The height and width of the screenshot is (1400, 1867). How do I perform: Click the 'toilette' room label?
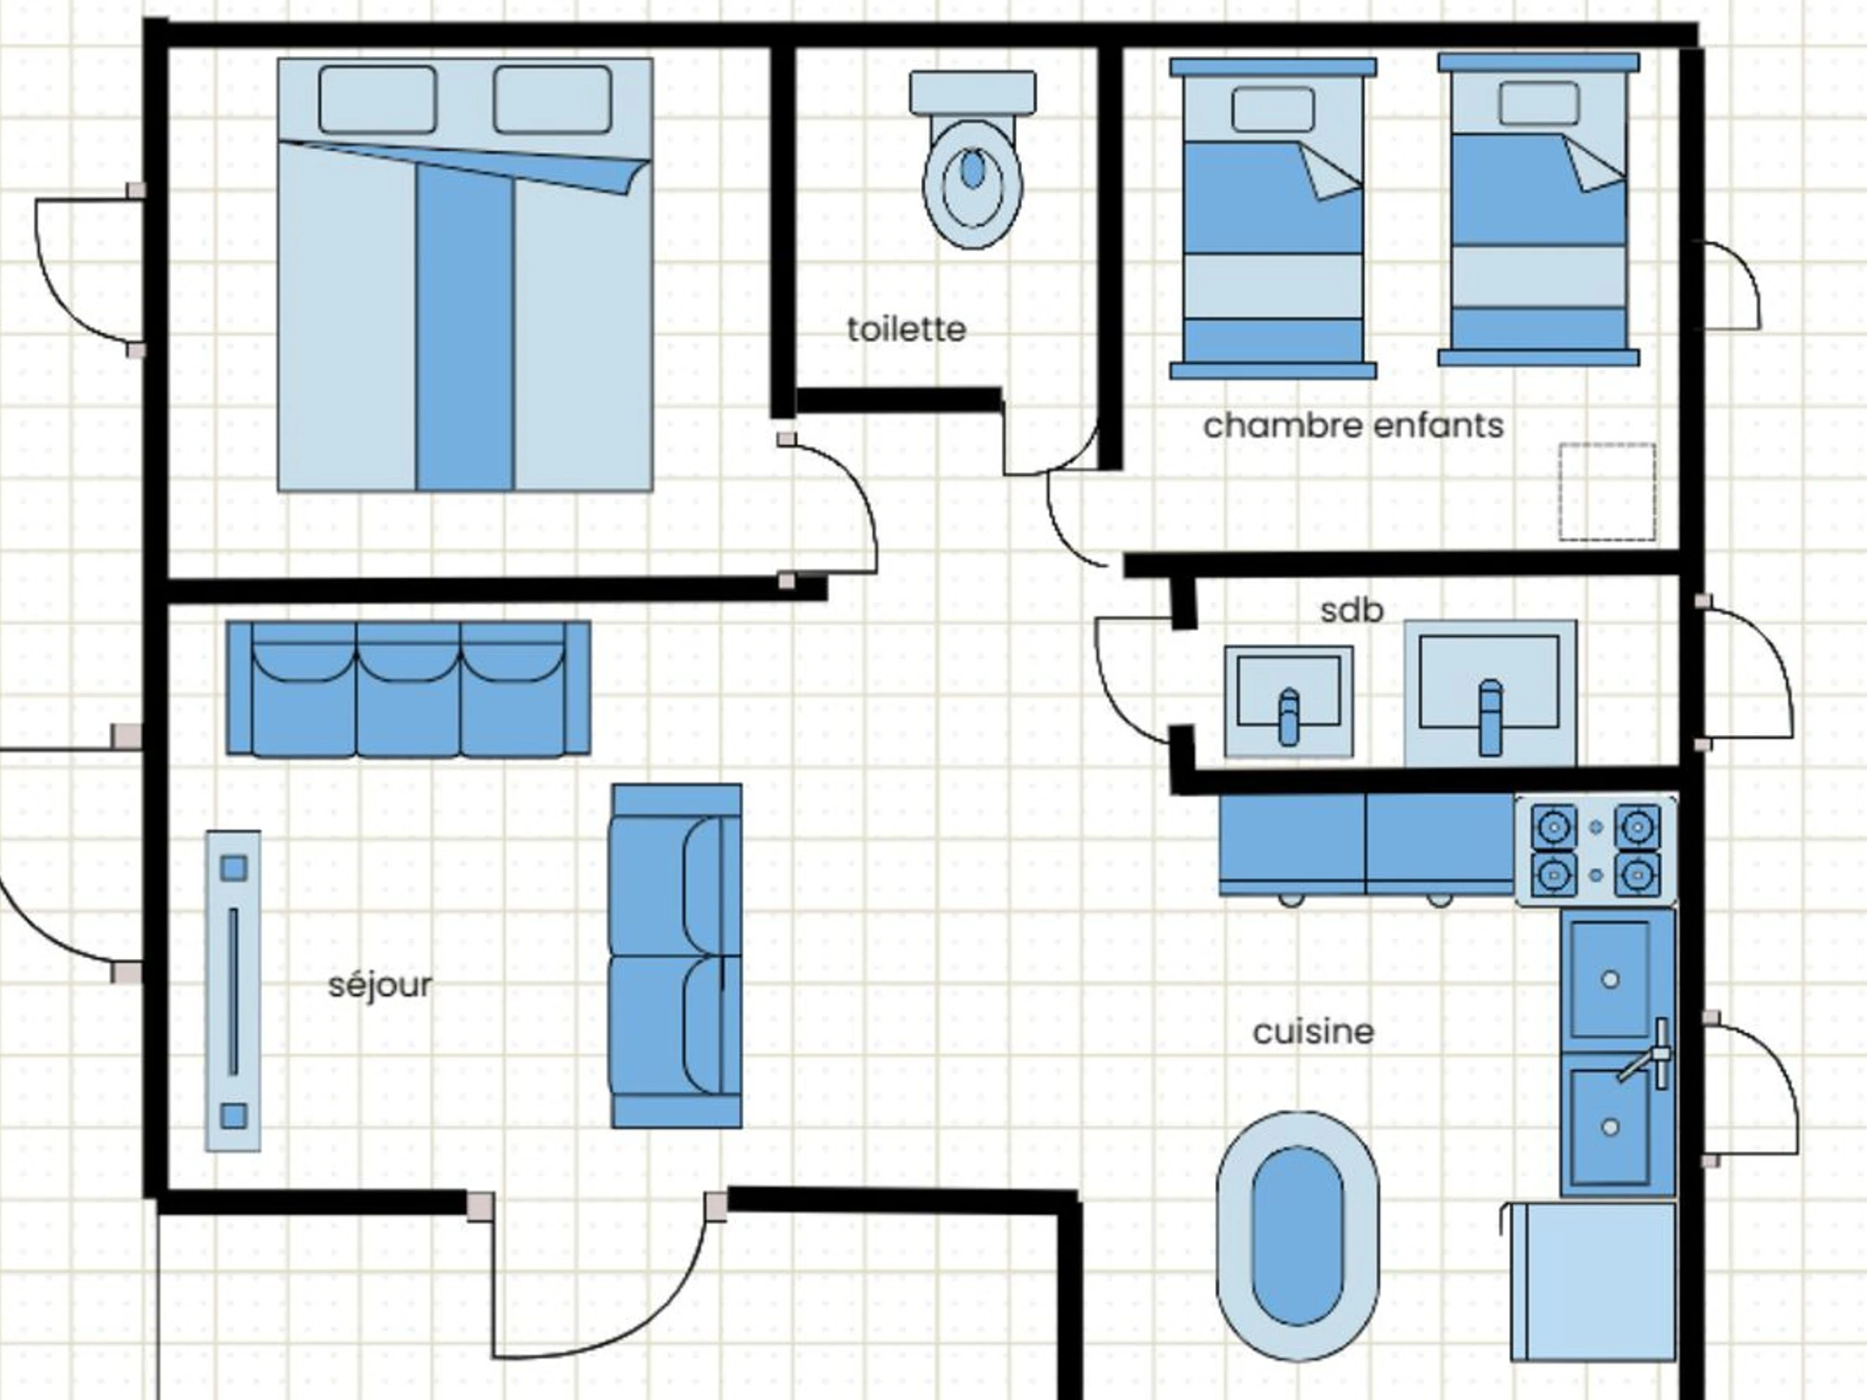[906, 329]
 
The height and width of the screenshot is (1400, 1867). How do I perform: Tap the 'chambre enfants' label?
[1353, 426]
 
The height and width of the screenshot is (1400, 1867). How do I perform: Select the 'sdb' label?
[1351, 609]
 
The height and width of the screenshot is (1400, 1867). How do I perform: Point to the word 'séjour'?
[380, 985]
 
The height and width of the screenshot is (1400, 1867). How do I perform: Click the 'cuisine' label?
[1313, 1031]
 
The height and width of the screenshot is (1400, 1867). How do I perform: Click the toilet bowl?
[972, 160]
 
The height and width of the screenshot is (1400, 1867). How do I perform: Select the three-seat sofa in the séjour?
[408, 688]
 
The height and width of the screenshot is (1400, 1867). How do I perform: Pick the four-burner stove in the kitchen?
[1596, 850]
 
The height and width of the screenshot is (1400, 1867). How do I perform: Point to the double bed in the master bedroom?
[465, 275]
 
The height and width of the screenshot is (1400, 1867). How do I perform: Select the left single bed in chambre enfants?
[1273, 219]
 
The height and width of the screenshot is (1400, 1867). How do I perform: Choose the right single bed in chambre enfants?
[1539, 210]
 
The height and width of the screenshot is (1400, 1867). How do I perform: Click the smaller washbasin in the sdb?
[1289, 702]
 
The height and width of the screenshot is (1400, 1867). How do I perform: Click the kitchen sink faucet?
[1647, 1055]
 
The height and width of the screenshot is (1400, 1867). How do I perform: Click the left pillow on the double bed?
[378, 100]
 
